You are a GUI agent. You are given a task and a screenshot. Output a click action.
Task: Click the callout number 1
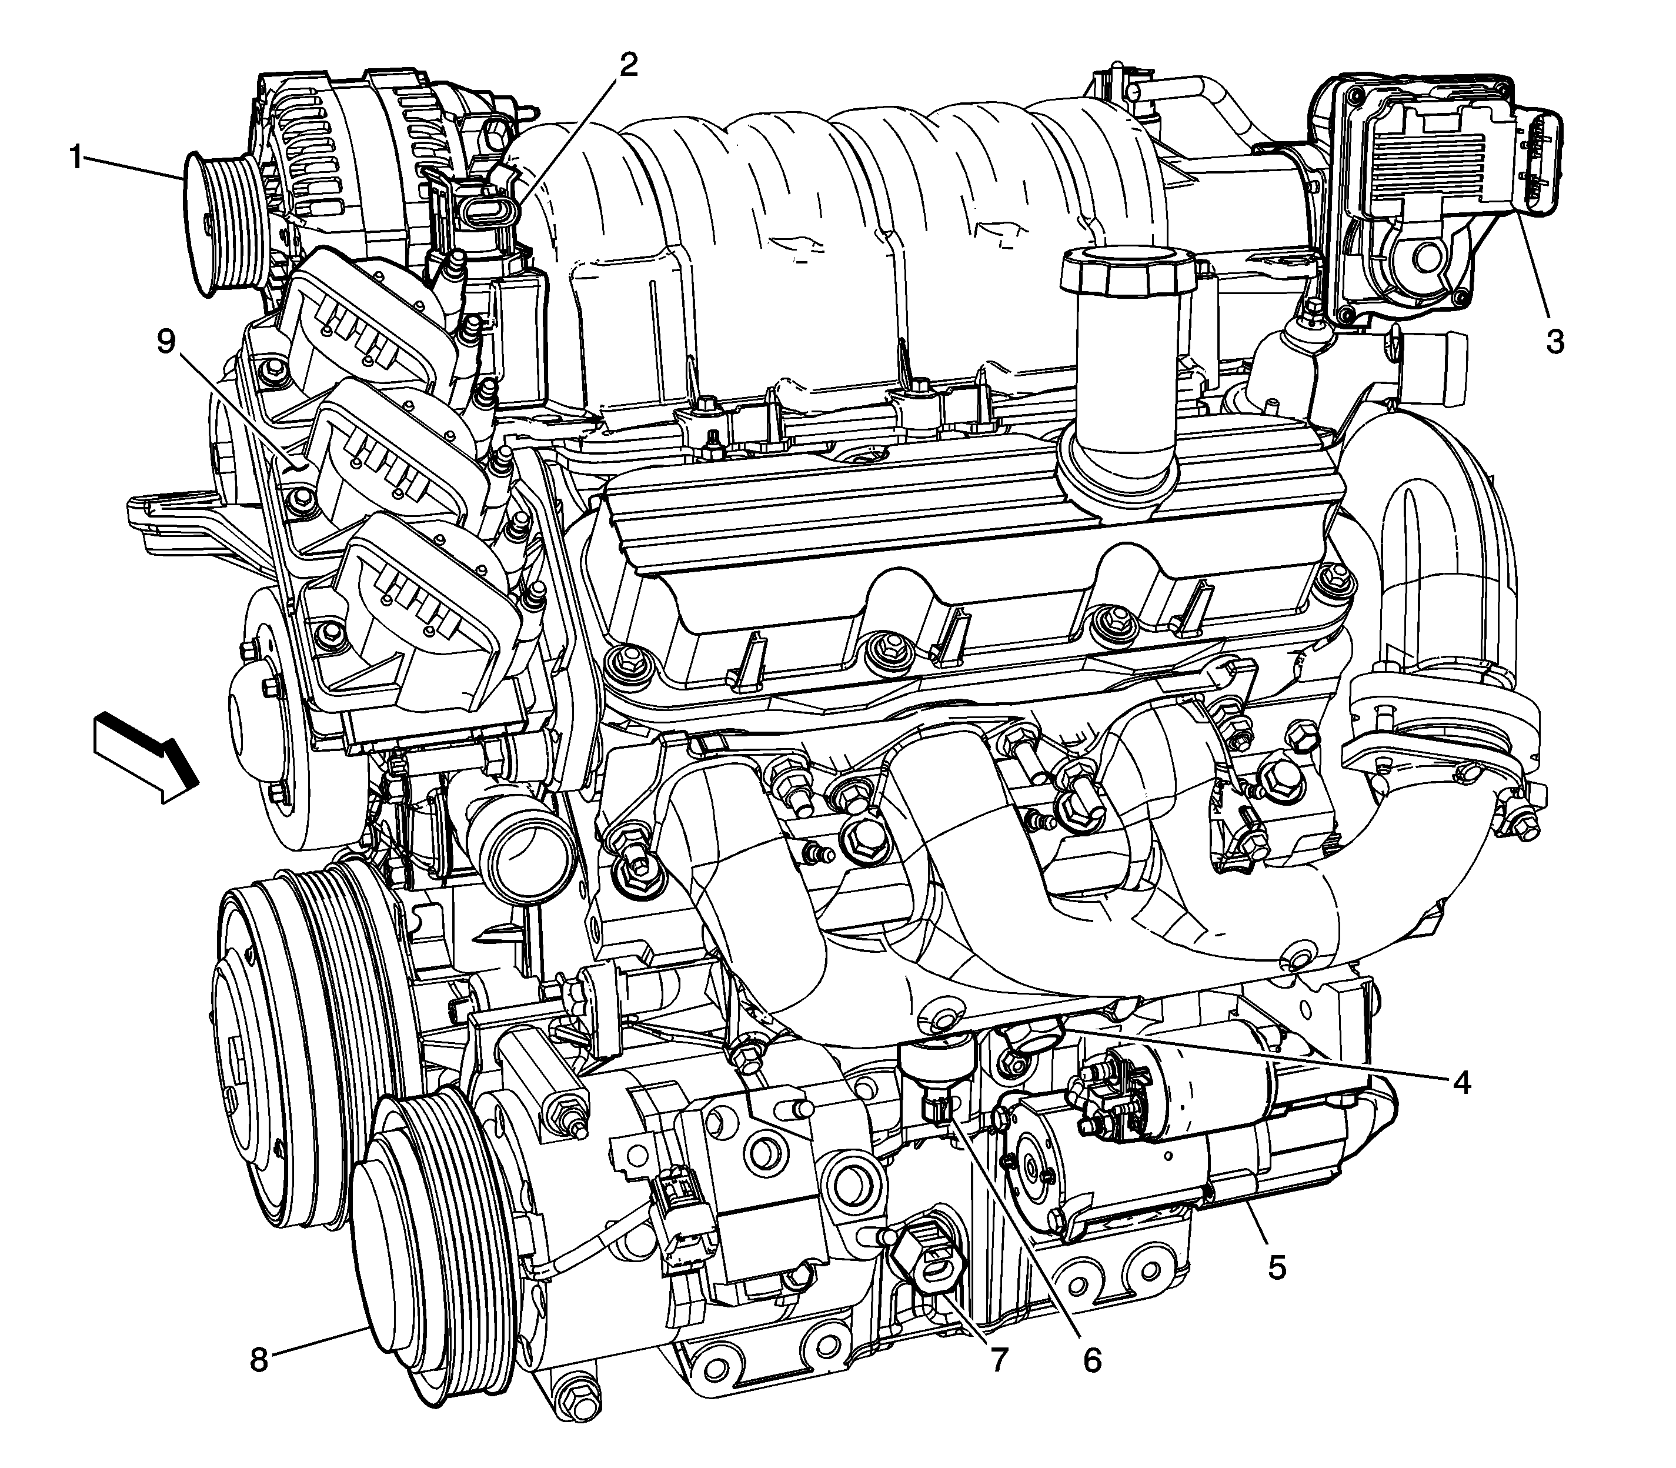pyautogui.click(x=77, y=157)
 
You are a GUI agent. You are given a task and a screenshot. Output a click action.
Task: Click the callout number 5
pyautogui.click(x=1277, y=1267)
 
